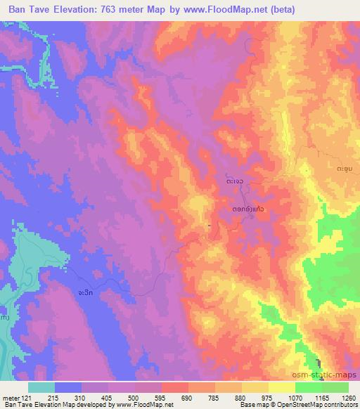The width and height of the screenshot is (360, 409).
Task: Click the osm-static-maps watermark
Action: (x=330, y=376)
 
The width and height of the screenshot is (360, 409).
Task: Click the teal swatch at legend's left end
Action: (x=41, y=387)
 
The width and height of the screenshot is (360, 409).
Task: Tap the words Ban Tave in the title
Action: (x=24, y=9)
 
